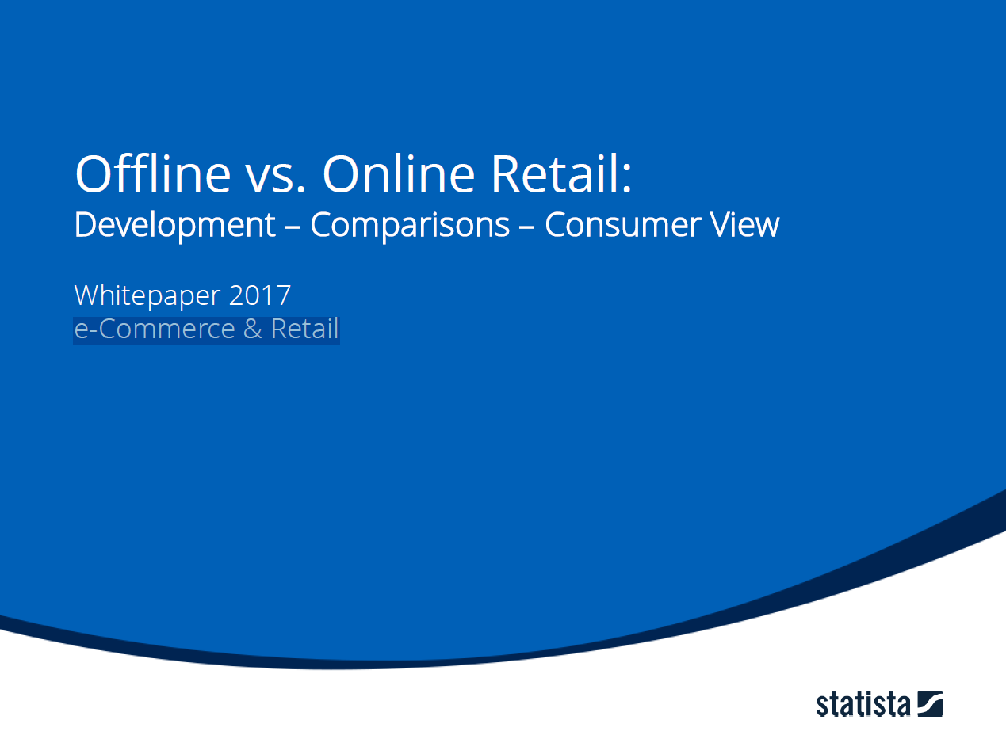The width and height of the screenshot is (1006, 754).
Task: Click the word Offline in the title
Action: coord(153,173)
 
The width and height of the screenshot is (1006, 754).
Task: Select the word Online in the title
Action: coord(399,173)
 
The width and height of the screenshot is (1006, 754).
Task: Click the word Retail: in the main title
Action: coord(561,173)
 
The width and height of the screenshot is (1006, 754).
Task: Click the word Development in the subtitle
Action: coord(175,225)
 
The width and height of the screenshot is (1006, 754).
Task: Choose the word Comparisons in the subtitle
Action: coord(410,225)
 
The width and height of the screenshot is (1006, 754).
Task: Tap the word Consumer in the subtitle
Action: coord(623,225)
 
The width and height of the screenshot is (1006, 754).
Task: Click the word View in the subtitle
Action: coord(744,225)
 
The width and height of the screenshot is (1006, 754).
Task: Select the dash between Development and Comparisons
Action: coord(293,227)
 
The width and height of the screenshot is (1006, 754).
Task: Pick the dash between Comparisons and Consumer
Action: coord(527,227)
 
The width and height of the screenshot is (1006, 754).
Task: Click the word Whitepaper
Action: coord(147,295)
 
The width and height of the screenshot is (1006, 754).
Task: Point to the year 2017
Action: coord(260,295)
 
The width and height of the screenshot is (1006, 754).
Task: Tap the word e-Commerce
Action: coord(155,329)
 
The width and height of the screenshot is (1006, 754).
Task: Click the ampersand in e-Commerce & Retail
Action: coord(253,329)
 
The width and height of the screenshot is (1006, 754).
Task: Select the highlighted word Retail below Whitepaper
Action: coord(304,329)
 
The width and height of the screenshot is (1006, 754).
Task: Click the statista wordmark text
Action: coord(863,705)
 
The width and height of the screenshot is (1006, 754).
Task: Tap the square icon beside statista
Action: coord(930,704)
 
